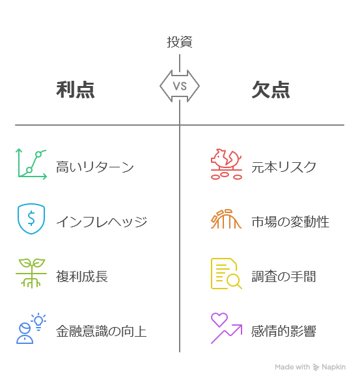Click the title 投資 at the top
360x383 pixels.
coord(180,42)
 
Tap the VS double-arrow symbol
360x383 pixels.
coord(180,86)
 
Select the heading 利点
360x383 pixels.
coord(76,90)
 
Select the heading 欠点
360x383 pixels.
coord(271,90)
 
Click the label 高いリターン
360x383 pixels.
coord(95,167)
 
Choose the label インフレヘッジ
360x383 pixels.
coord(102,221)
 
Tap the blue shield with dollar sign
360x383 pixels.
coord(31,219)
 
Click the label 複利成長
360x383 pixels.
coord(82,276)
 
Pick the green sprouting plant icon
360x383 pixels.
coord(31,273)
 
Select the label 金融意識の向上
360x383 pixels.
coord(102,331)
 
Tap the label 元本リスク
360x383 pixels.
coord(284,167)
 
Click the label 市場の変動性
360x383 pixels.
coord(290,221)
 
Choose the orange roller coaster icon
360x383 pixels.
coord(226,219)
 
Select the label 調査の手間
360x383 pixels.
coord(284,276)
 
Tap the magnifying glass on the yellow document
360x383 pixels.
coord(234,280)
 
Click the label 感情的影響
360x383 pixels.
coord(284,331)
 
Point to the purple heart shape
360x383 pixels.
coord(219,319)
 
